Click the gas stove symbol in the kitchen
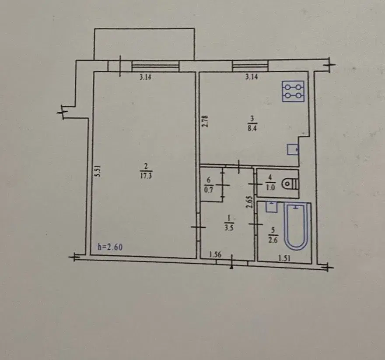293,91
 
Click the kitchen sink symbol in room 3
293,149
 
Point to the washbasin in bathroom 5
272,207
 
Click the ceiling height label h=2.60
110,247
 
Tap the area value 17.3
146,176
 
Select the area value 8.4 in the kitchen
252,128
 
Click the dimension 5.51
98,171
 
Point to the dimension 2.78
205,121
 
